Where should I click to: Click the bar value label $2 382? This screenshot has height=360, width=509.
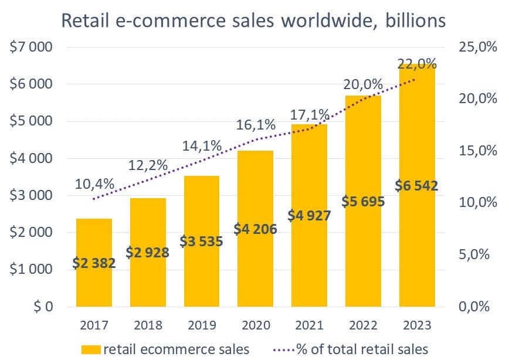pyautogui.click(x=94, y=263)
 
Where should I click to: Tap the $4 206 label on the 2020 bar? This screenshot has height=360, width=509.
pyautogui.click(x=256, y=229)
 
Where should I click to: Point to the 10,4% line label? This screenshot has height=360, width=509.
pyautogui.click(x=94, y=184)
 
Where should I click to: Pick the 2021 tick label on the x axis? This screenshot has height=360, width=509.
pyautogui.click(x=309, y=324)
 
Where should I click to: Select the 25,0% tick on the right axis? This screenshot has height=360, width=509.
pyautogui.click(x=477, y=47)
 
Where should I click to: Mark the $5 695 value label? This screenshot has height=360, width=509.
pyautogui.click(x=364, y=202)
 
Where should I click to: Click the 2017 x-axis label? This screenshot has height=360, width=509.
pyautogui.click(x=94, y=324)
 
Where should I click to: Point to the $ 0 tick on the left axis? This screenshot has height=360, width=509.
pyautogui.click(x=39, y=307)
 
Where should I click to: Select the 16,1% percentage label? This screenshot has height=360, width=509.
pyautogui.click(x=256, y=124)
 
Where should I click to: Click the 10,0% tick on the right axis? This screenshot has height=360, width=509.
pyautogui.click(x=477, y=203)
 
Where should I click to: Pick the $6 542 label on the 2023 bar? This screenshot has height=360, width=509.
pyautogui.click(x=417, y=186)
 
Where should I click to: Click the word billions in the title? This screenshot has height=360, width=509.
pyautogui.click(x=413, y=22)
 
